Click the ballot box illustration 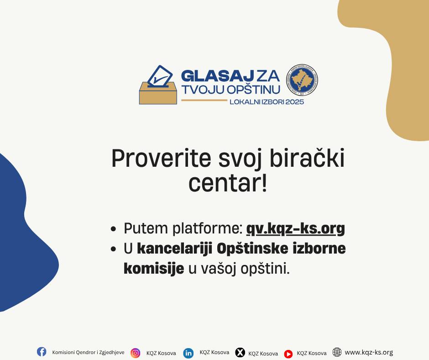click(x=158, y=85)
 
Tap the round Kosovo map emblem click(x=302, y=80)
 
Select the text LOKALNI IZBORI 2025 click(x=267, y=102)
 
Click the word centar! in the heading click(x=228, y=183)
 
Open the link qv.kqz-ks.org click(x=295, y=229)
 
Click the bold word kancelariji click(x=175, y=249)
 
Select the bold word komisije click(x=154, y=269)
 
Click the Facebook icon click(x=42, y=351)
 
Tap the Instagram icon click(x=135, y=353)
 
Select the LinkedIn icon click(x=188, y=353)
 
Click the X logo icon click(x=240, y=352)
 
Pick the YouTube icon click(x=288, y=354)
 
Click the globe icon click(x=337, y=352)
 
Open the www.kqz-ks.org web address click(x=369, y=352)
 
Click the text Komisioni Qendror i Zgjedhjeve click(x=88, y=352)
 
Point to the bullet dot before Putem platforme click(x=114, y=229)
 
